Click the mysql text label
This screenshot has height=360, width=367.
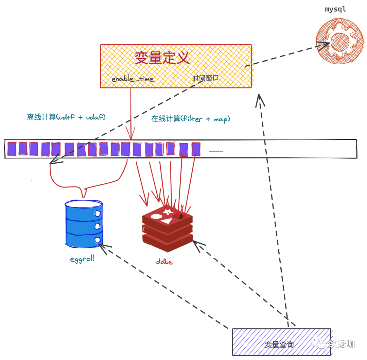pyautogui.click(x=335, y=9)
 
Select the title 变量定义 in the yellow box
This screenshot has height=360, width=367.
pyautogui.click(x=162, y=58)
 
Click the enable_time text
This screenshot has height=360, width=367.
pyautogui.click(x=133, y=79)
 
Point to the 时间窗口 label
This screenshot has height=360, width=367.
pyautogui.click(x=206, y=78)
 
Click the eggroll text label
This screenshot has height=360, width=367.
pyautogui.click(x=82, y=259)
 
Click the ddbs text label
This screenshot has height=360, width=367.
pyautogui.click(x=165, y=262)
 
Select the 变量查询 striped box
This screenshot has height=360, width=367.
pyautogui.click(x=281, y=342)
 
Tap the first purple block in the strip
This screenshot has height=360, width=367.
pyautogui.click(x=12, y=149)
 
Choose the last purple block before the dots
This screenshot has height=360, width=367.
pyautogui.click(x=196, y=149)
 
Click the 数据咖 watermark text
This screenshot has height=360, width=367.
pyautogui.click(x=341, y=344)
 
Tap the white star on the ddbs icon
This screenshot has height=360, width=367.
pyautogui.click(x=168, y=212)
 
